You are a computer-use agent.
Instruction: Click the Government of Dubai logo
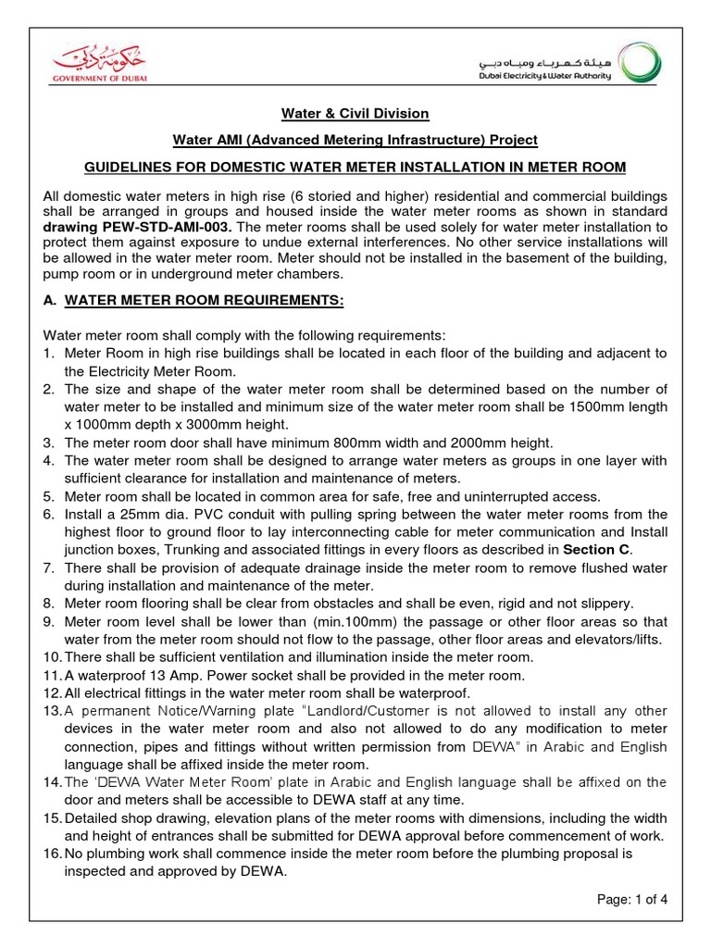tap(98, 66)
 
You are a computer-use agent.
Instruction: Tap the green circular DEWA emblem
tap(641, 66)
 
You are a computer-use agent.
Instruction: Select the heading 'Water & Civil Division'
tap(355, 113)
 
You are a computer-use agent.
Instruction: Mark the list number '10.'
tap(53, 656)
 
